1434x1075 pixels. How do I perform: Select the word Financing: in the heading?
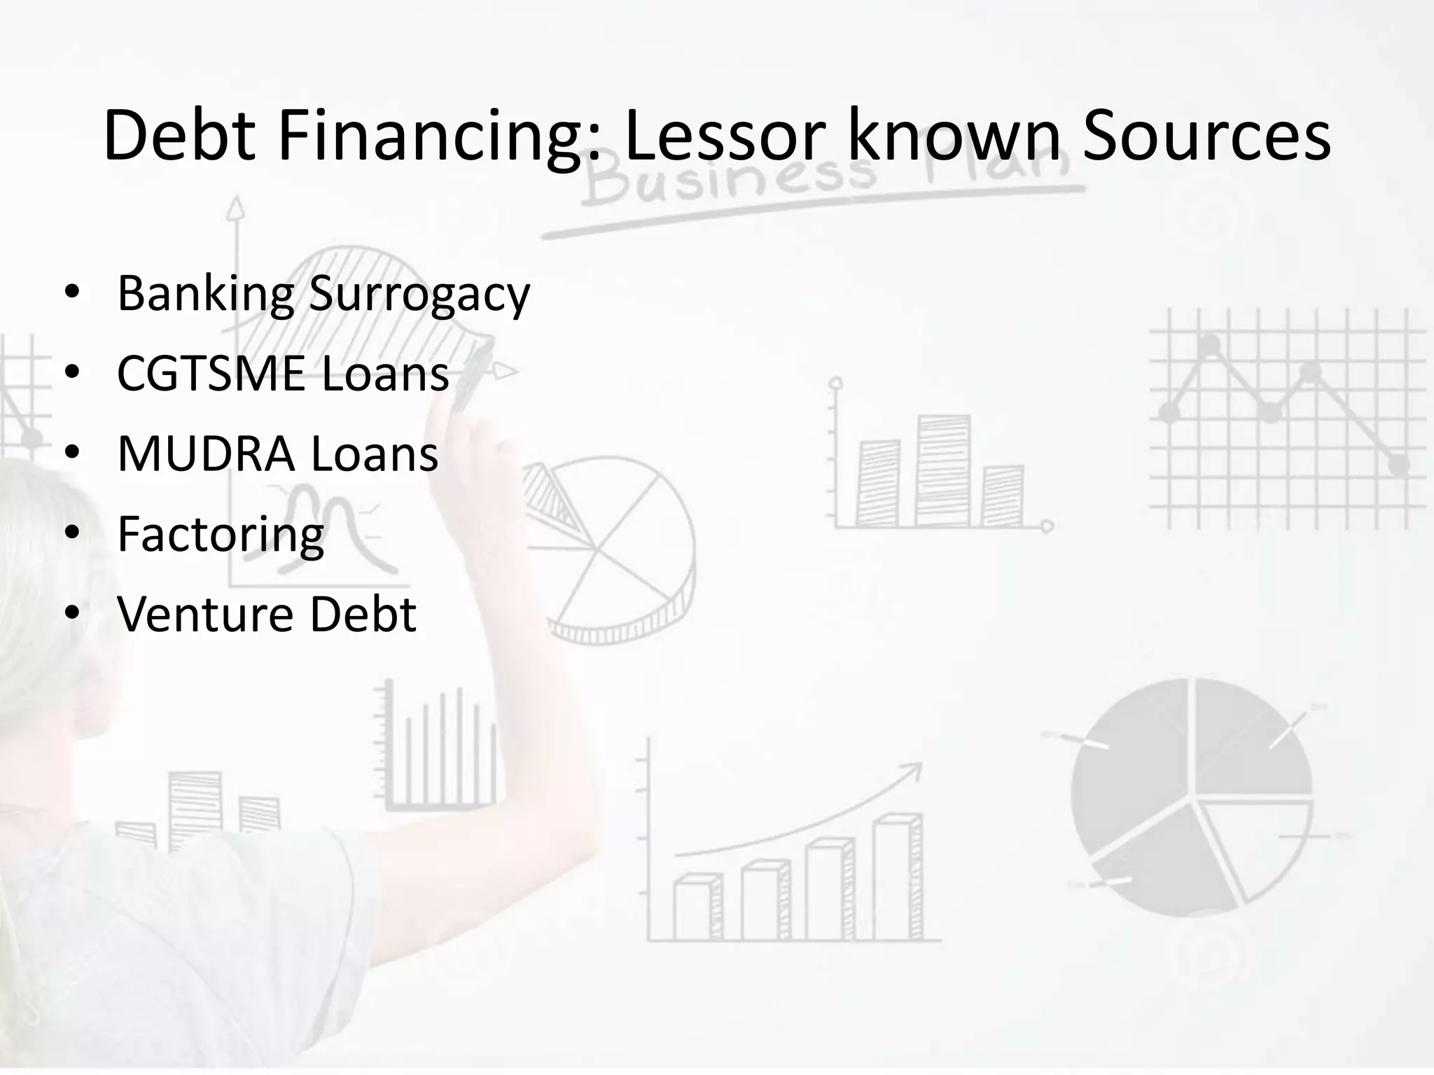pyautogui.click(x=439, y=136)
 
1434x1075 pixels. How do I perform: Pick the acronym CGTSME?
pyautogui.click(x=211, y=373)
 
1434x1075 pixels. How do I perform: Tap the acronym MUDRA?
pyautogui.click(x=206, y=454)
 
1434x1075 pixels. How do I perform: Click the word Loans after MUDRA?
pyautogui.click(x=375, y=454)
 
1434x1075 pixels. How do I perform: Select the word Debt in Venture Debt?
pyautogui.click(x=363, y=614)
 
